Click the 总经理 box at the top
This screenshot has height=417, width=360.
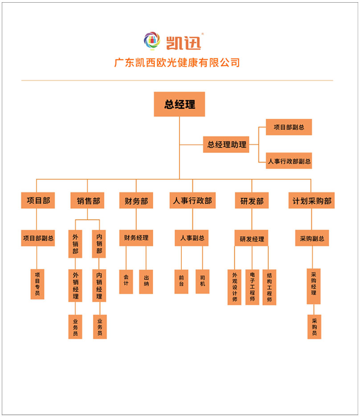coord(180,104)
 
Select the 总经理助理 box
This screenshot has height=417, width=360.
coord(226,145)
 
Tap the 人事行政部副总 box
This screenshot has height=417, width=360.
coord(289,161)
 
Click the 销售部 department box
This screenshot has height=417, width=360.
coord(87,200)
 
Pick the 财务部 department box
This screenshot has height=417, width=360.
coord(136,200)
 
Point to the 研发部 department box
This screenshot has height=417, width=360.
coord(252,200)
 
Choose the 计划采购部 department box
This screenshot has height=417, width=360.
coord(311,200)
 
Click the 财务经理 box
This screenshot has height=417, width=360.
coord(136,238)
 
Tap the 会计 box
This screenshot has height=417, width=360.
coord(126,282)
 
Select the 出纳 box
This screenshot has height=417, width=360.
coord(146,282)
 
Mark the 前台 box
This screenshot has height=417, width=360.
coord(181,282)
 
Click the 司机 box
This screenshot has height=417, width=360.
coord(202,282)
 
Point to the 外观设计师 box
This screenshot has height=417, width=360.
coord(234,287)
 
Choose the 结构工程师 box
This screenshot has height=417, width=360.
coord(269,287)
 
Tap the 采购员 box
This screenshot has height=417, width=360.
coord(314,327)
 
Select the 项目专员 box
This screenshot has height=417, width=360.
coord(37,284)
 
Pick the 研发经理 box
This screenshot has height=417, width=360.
coord(252,239)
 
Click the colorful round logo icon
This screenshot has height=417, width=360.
coord(151,40)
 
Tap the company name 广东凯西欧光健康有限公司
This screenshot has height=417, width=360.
coord(177,63)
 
